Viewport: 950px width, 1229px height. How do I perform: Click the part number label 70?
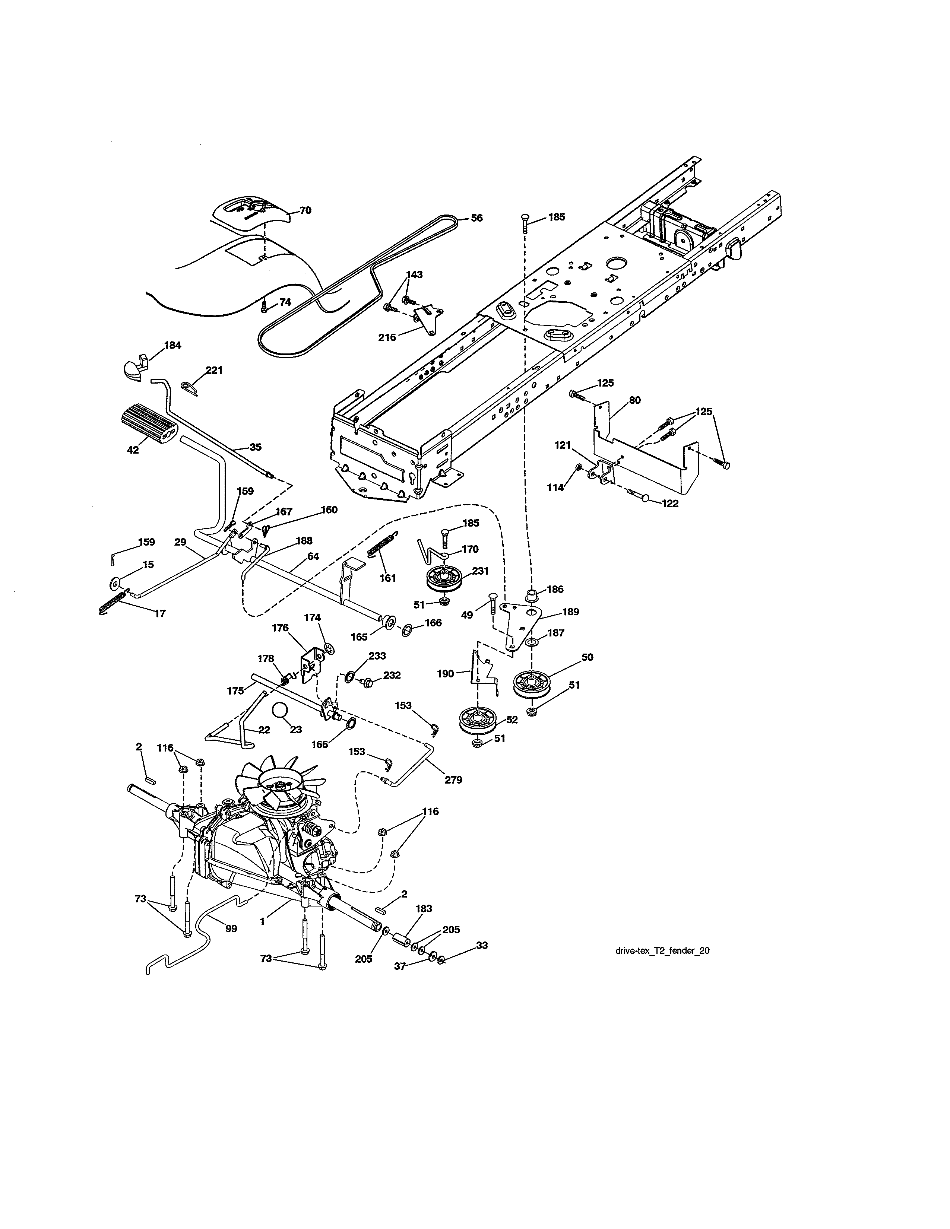click(305, 210)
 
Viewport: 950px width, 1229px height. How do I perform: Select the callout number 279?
click(453, 779)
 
